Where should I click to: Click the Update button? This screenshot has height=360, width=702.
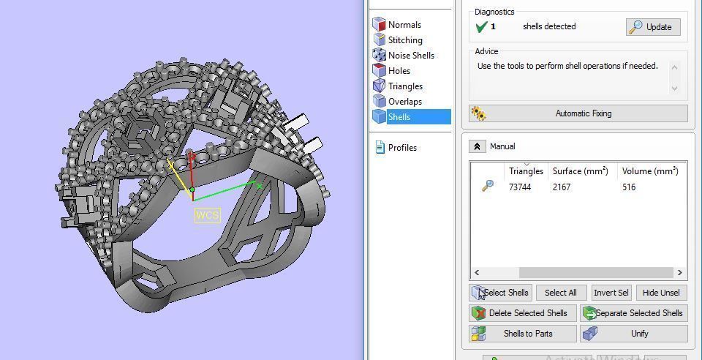tap(653, 27)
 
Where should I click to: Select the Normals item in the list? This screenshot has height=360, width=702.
tap(404, 25)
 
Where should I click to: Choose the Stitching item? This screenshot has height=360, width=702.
tap(404, 40)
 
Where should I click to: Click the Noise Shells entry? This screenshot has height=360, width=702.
tap(410, 56)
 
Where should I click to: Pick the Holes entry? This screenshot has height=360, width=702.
tap(399, 71)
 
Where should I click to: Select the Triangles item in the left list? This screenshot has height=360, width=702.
tap(405, 86)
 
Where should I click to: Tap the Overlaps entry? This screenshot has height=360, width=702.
tap(404, 102)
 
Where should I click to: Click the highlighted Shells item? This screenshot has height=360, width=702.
tap(399, 117)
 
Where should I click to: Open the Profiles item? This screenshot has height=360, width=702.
tap(402, 148)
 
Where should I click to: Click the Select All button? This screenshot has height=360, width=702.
tap(561, 293)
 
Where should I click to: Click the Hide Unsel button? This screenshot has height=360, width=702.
tap(661, 293)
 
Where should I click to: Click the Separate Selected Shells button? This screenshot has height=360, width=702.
tap(634, 313)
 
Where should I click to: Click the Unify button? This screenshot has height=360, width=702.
tap(634, 334)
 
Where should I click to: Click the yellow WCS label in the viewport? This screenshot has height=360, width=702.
tap(207, 215)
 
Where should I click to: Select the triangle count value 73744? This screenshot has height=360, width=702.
tap(520, 187)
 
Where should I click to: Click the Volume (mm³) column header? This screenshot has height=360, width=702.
tap(650, 171)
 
